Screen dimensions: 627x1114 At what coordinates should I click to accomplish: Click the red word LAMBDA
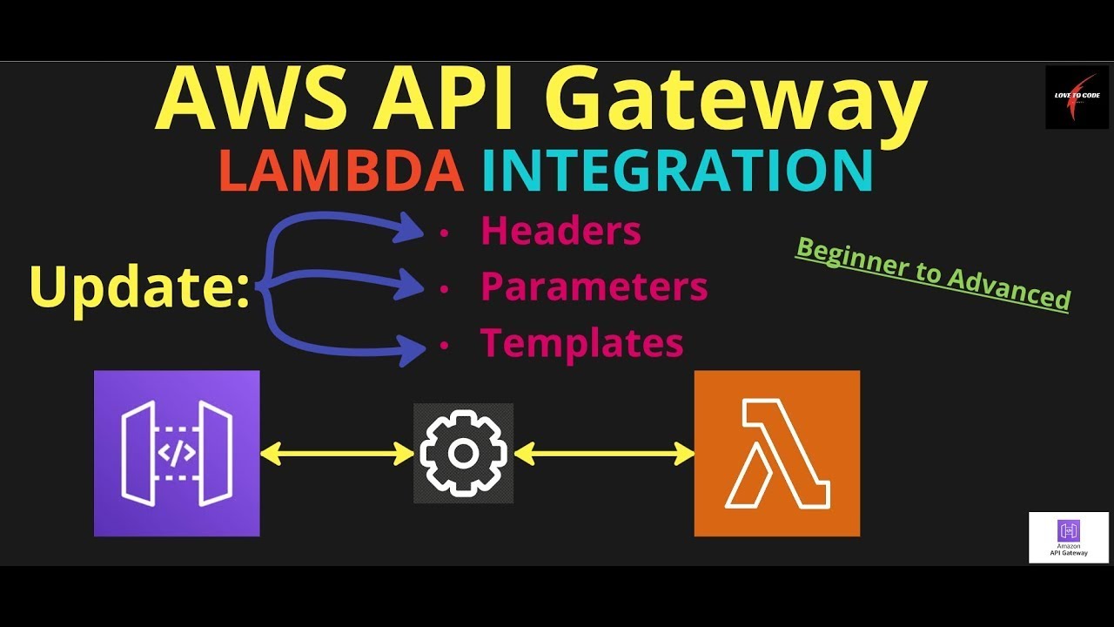(341, 172)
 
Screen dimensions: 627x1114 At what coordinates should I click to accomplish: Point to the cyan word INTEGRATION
(677, 172)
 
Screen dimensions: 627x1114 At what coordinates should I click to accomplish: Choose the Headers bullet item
(560, 231)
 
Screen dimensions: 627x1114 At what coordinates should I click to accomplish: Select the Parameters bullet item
(594, 287)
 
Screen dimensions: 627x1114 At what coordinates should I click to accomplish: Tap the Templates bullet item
(581, 342)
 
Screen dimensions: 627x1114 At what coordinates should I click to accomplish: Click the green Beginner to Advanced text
(933, 273)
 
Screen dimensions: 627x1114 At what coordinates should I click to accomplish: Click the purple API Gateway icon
(177, 453)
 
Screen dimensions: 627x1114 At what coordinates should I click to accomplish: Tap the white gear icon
(463, 453)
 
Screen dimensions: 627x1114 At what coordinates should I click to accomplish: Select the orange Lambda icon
(776, 453)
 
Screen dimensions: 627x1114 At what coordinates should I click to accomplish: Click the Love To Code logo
(1077, 97)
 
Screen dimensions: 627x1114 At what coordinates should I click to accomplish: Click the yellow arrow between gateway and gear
(337, 453)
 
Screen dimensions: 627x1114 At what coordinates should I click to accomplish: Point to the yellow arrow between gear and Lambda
(605, 453)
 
